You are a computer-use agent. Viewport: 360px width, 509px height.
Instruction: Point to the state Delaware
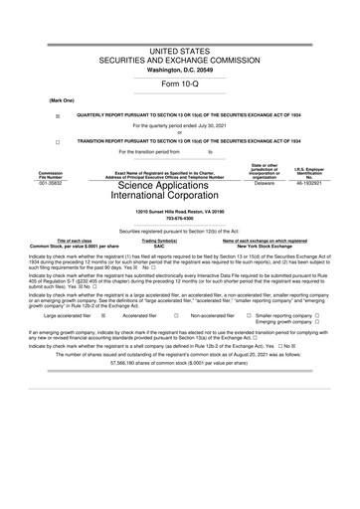(x=264, y=184)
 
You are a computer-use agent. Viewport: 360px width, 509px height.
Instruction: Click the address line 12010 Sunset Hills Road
(x=180, y=214)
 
